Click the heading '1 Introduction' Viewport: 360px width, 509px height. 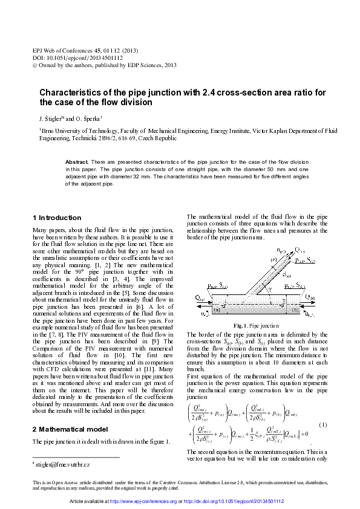(56, 218)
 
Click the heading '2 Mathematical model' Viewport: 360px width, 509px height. (70, 429)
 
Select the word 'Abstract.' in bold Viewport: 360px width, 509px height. (77, 163)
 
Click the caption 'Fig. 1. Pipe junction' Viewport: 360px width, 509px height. (257, 326)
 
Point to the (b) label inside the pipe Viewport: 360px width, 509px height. (295, 310)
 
